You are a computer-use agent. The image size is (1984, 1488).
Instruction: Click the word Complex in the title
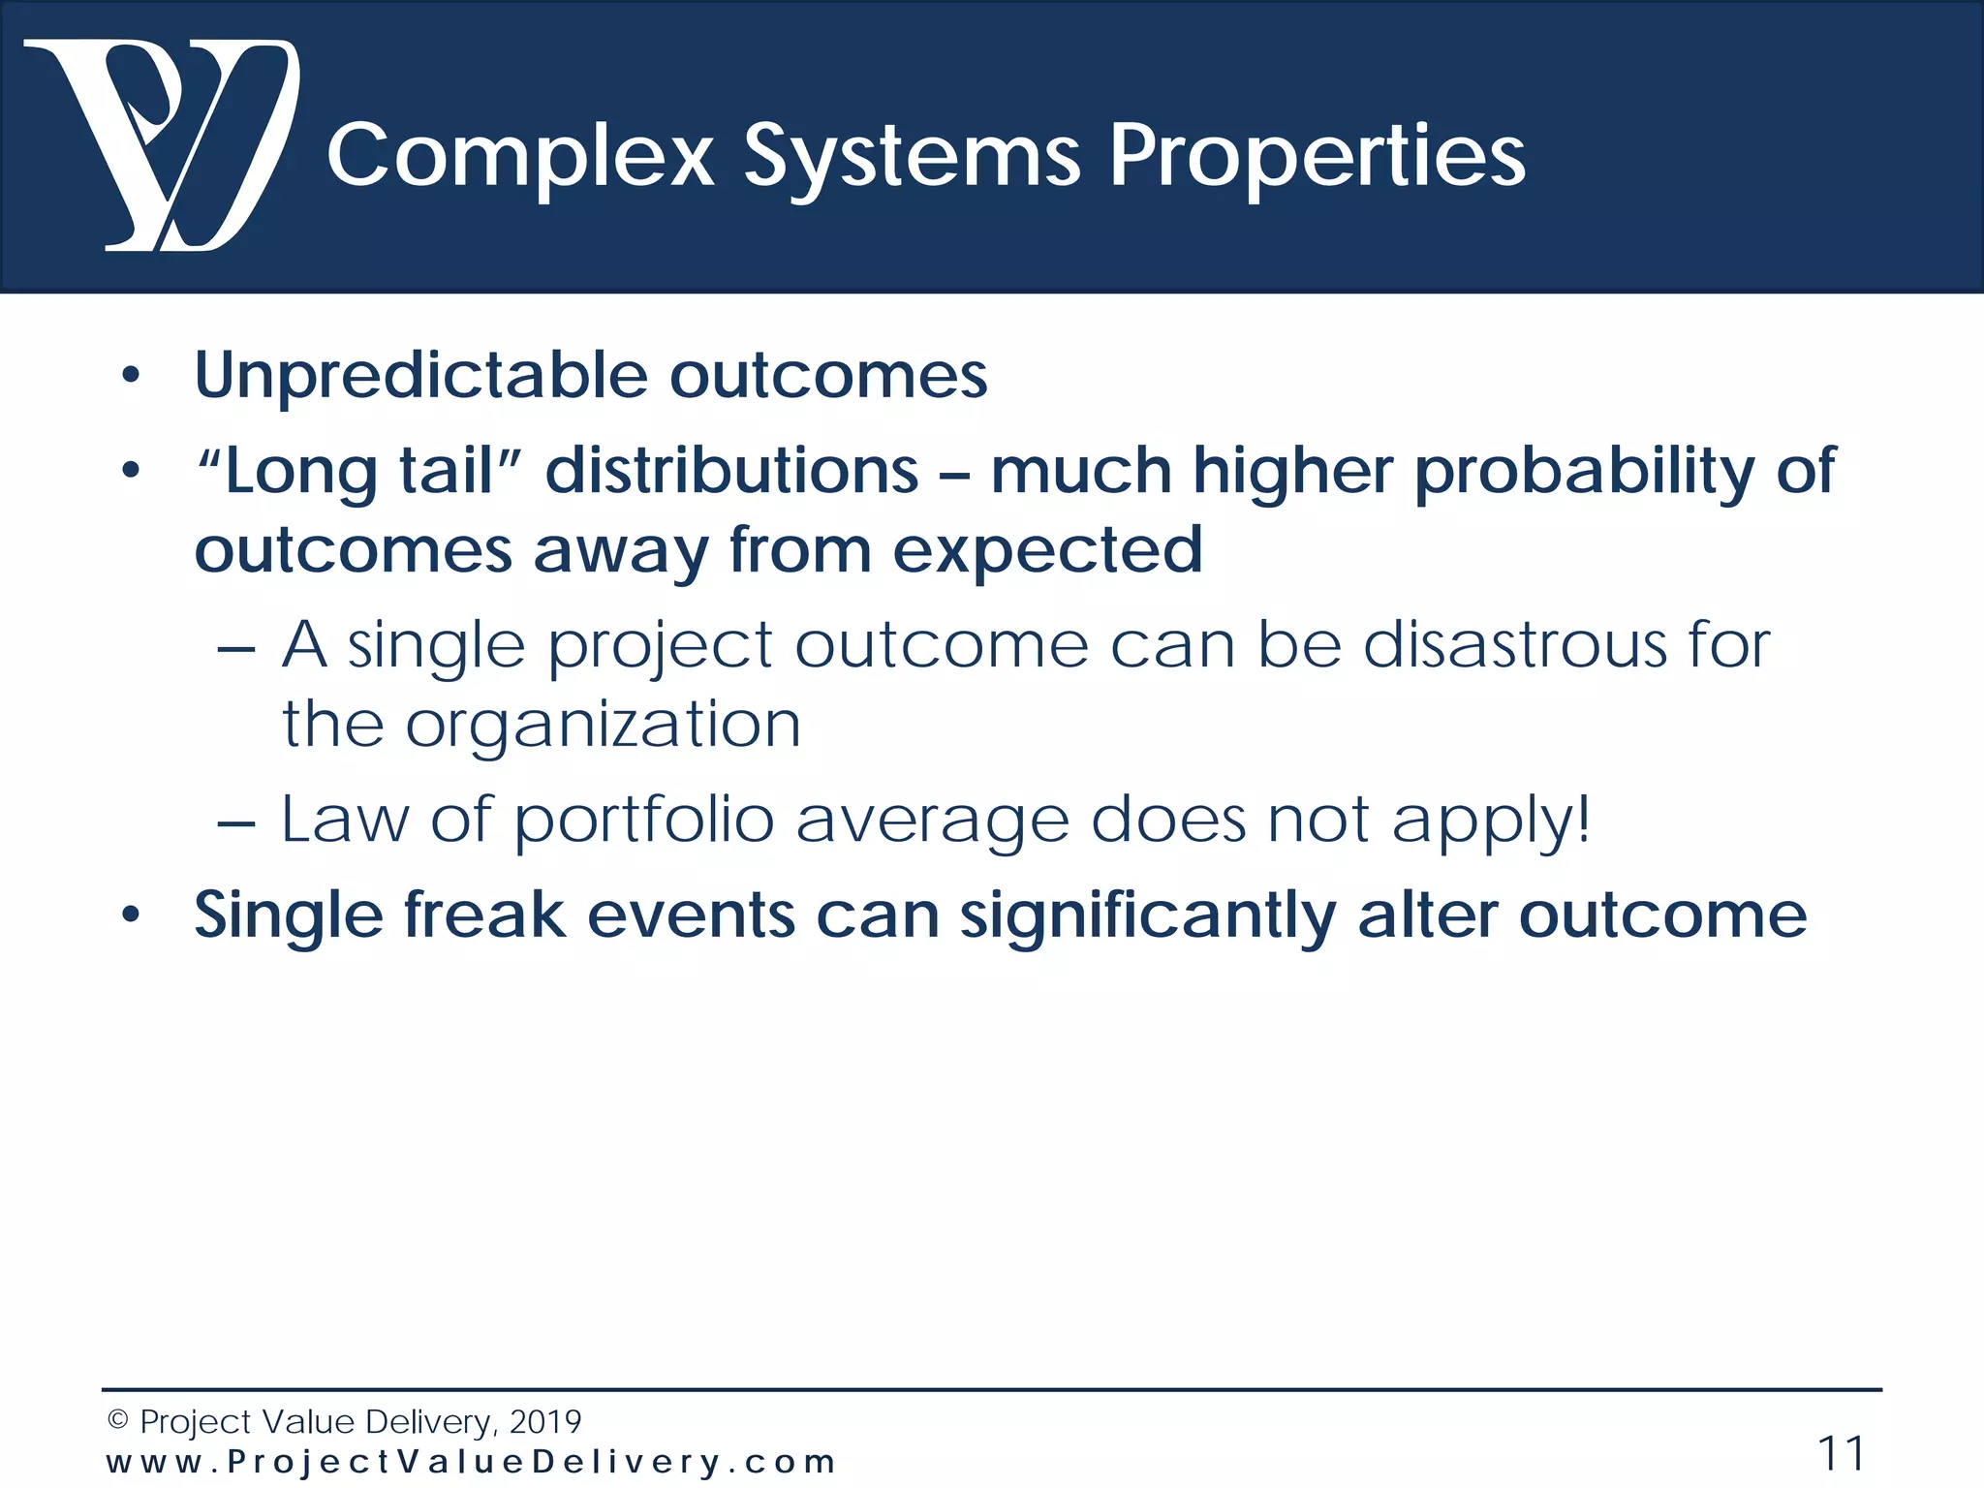(520, 157)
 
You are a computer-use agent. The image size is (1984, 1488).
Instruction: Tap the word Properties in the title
(1317, 157)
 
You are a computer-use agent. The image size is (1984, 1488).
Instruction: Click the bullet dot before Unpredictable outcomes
(131, 376)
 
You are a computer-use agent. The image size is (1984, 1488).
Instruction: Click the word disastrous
(1514, 645)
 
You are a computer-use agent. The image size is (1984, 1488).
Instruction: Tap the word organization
(603, 726)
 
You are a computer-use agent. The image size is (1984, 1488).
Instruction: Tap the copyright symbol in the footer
(118, 1420)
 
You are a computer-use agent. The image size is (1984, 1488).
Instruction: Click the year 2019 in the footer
(544, 1421)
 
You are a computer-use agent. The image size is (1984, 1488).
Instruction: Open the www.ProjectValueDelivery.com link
(471, 1462)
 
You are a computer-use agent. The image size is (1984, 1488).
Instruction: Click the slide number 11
(1840, 1454)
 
